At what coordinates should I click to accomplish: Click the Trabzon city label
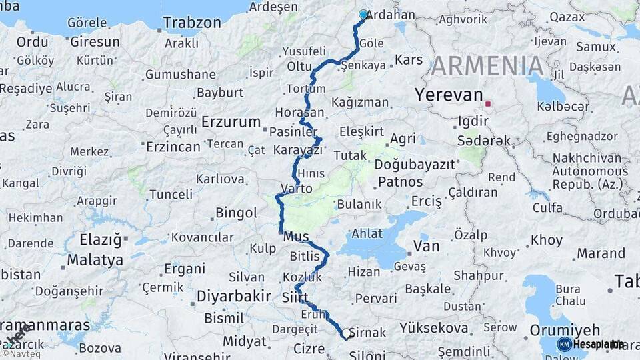click(192, 23)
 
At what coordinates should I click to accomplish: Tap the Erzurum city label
click(231, 122)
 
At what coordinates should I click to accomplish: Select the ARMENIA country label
click(487, 66)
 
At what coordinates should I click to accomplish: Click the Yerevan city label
click(448, 95)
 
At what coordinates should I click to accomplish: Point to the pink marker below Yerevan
click(488, 104)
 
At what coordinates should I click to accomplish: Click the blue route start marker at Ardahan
click(363, 14)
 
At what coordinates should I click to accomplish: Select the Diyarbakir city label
click(233, 295)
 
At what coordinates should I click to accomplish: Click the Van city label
click(426, 246)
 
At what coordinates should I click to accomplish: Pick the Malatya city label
click(95, 259)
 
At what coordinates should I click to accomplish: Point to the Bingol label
click(236, 213)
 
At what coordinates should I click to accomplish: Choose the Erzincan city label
click(173, 146)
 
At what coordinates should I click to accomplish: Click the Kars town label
click(409, 60)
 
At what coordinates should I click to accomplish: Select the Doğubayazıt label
click(415, 164)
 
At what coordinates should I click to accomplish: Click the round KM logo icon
click(564, 344)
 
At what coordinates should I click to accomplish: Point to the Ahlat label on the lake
click(367, 233)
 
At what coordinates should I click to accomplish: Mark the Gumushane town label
click(181, 74)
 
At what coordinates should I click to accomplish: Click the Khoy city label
click(547, 240)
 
